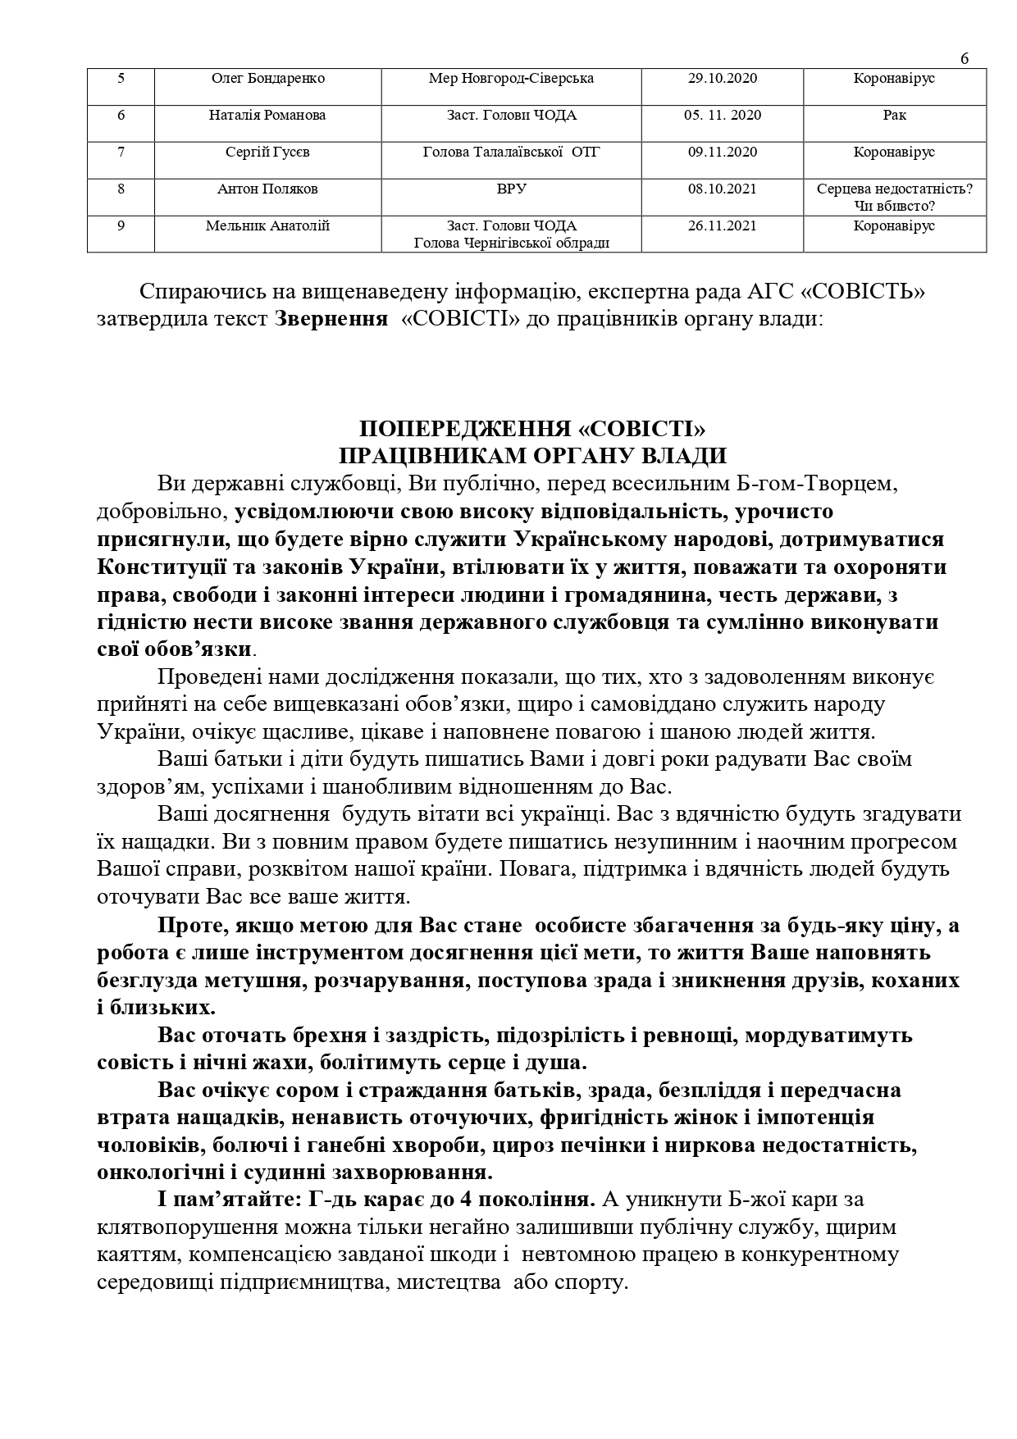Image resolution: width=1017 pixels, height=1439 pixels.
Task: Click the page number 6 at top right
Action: [x=965, y=58]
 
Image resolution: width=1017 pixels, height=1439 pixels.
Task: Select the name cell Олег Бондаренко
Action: [x=268, y=79]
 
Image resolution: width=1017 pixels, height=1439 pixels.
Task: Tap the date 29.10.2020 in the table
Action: [x=723, y=79]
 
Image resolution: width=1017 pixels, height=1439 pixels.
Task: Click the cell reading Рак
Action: [x=894, y=116]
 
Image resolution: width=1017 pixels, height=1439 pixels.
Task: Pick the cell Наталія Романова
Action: [x=267, y=116]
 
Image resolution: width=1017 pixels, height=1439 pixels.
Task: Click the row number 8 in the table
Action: [x=121, y=189]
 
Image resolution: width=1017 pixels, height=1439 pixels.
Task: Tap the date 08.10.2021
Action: [x=723, y=189]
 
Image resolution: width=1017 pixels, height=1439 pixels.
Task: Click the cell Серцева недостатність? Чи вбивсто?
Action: [x=894, y=197]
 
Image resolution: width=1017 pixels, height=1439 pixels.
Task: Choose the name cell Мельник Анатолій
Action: [x=267, y=226]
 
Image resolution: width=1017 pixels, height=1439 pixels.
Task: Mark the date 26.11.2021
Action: [x=723, y=226]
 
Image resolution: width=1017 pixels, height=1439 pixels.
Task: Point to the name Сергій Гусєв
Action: [x=267, y=153]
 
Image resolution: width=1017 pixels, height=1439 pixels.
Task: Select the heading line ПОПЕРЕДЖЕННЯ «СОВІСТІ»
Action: [x=533, y=429]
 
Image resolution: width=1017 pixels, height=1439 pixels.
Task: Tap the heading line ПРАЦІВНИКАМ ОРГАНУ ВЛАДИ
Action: [x=533, y=456]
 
